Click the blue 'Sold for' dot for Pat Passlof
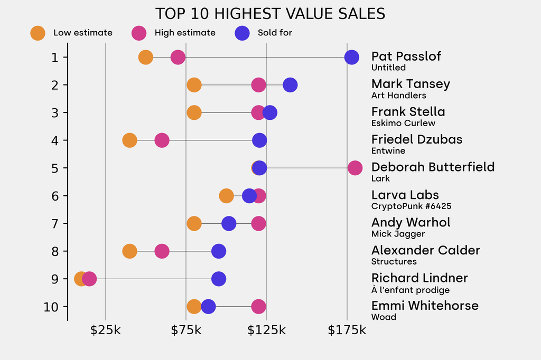(351, 57)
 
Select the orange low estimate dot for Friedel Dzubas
(129, 140)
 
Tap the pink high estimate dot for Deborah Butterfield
(355, 168)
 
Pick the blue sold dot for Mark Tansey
(290, 84)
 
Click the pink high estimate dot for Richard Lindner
(90, 279)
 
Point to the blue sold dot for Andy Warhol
(229, 223)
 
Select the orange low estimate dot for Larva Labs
(226, 196)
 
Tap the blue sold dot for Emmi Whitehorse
(208, 306)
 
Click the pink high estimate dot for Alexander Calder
(162, 251)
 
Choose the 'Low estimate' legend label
(83, 33)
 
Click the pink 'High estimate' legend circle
(139, 33)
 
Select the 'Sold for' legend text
(275, 33)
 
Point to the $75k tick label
(186, 331)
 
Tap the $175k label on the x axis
(347, 331)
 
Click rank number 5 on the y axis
(55, 168)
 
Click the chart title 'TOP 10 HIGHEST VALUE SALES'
(270, 14)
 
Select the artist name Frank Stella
(408, 112)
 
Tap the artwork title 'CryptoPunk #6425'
(411, 206)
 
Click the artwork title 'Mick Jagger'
(398, 234)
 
